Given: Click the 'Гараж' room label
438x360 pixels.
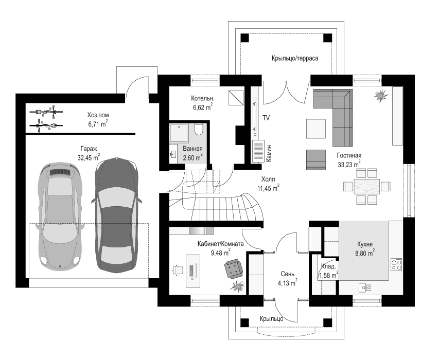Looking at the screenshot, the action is pyautogui.click(x=89, y=149).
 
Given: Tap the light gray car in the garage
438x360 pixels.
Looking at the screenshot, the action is pyautogui.click(x=60, y=217).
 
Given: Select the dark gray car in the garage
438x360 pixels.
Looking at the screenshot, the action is pyautogui.click(x=116, y=215).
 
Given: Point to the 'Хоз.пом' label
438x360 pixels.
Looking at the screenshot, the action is pyautogui.click(x=98, y=115).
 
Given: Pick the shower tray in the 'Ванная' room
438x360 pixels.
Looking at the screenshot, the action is pyautogui.click(x=179, y=133).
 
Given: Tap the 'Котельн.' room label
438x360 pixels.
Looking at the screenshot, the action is pyautogui.click(x=203, y=98).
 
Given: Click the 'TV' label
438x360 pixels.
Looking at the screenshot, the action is pyautogui.click(x=266, y=118).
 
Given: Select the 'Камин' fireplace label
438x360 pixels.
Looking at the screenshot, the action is pyautogui.click(x=269, y=153).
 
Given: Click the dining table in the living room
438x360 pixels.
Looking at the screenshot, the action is pyautogui.click(x=367, y=186).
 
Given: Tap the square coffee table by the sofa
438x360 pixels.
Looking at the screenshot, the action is pyautogui.click(x=316, y=129).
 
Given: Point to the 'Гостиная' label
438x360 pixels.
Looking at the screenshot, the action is pyautogui.click(x=349, y=155).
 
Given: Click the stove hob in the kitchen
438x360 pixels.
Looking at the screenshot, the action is pyautogui.click(x=397, y=264).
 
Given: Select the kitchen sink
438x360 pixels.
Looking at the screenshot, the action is pyautogui.click(x=365, y=287).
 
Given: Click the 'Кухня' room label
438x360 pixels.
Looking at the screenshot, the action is pyautogui.click(x=365, y=244).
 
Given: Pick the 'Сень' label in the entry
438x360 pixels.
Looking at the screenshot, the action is pyautogui.click(x=287, y=274).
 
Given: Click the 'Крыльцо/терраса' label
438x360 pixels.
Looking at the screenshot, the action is pyautogui.click(x=295, y=58).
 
